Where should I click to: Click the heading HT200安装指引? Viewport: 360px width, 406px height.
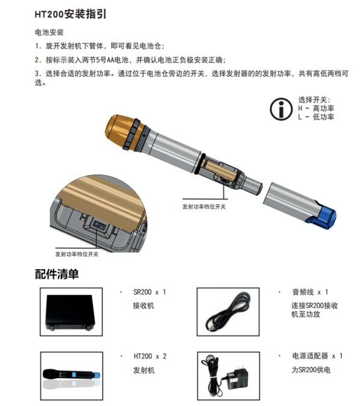click(71, 14)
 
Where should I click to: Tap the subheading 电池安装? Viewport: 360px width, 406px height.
click(49, 33)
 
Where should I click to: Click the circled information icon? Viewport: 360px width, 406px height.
click(282, 109)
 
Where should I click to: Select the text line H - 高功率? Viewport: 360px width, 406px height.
click(316, 108)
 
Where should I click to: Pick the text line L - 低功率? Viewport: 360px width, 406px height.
click(316, 117)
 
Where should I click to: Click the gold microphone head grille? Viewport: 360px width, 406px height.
click(121, 131)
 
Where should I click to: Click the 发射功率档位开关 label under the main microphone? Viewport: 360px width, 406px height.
click(204, 207)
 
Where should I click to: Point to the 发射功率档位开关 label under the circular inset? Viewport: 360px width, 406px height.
click(77, 254)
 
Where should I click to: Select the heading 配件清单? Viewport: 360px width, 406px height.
click(57, 274)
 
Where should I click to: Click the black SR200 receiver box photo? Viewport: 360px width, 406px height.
click(70, 312)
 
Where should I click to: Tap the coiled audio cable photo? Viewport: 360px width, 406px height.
click(228, 312)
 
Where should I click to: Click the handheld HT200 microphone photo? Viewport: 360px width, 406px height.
click(71, 375)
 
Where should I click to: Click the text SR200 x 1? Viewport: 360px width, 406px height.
click(150, 292)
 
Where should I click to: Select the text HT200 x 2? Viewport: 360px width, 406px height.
click(150, 357)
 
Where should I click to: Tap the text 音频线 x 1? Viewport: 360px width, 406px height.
click(310, 292)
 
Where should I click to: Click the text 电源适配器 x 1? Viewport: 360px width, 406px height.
click(318, 356)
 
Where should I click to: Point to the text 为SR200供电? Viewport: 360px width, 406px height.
click(311, 370)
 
